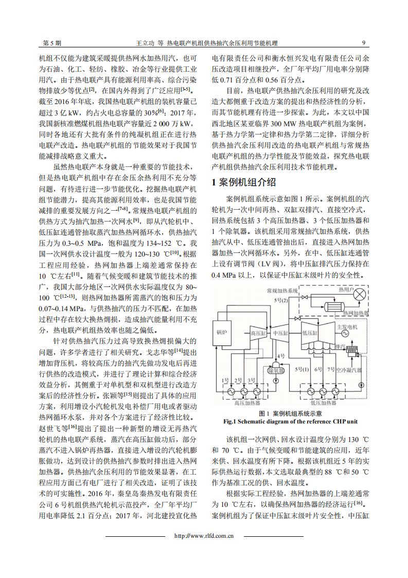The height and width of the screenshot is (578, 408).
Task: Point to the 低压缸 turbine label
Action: [310, 333]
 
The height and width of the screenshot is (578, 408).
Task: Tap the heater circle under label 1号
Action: [225, 392]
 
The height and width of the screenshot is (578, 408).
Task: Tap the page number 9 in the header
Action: [364, 43]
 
